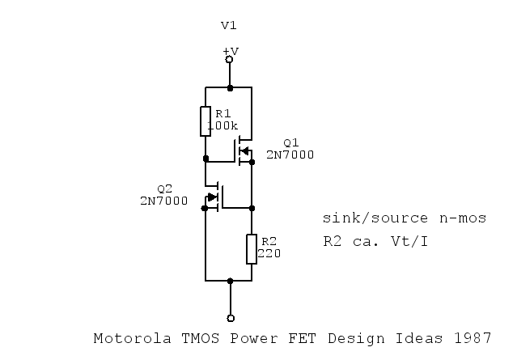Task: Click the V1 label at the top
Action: pos(230,26)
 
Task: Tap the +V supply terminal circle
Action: pos(230,59)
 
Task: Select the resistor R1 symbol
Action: pos(206,121)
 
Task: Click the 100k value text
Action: pos(222,126)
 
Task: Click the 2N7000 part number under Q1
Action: pos(290,155)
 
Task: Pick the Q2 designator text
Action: pos(164,188)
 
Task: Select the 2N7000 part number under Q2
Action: pos(163,200)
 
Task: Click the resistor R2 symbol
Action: pos(252,248)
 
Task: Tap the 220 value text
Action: pos(269,253)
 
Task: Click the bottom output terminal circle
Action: pos(231,318)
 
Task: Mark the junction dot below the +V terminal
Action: pos(230,87)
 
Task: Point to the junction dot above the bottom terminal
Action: pos(231,281)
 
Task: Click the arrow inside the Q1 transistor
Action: pos(245,150)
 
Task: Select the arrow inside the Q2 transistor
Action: pos(213,197)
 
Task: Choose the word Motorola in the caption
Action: pos(125,338)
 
